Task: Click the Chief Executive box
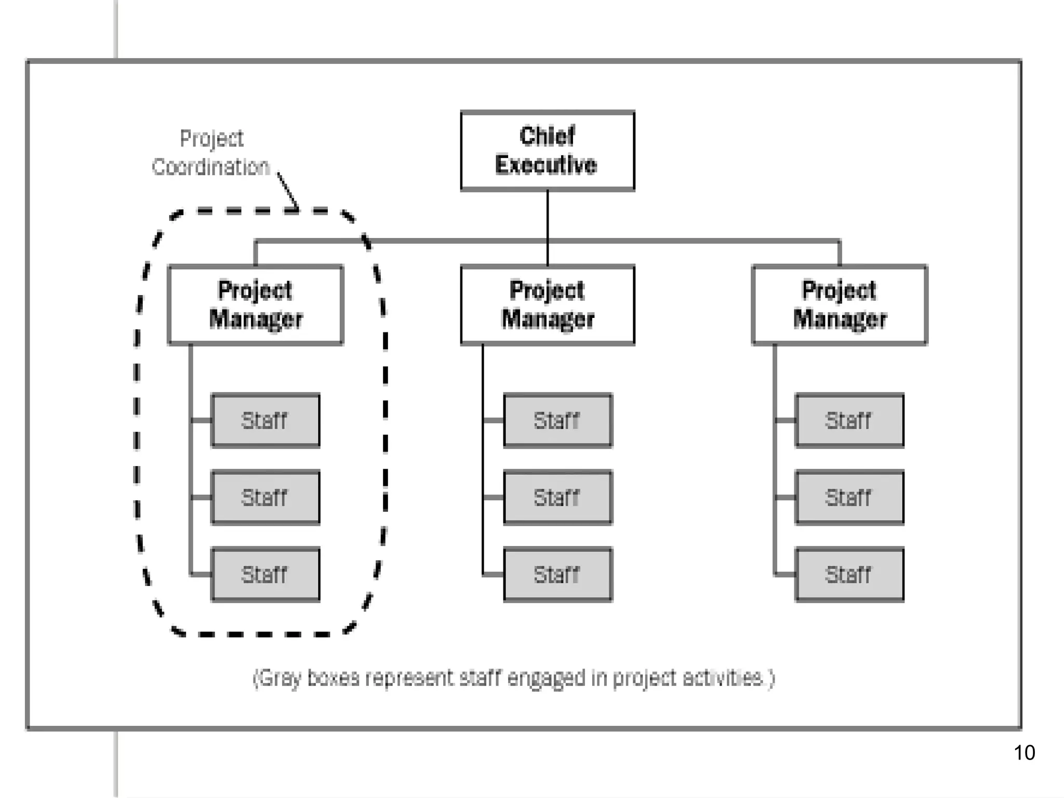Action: click(x=547, y=151)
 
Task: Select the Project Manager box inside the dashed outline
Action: click(x=255, y=305)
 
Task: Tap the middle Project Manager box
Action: click(x=547, y=305)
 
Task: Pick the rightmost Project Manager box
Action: click(x=839, y=305)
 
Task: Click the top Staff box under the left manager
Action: click(x=265, y=420)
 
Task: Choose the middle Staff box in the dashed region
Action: click(x=265, y=497)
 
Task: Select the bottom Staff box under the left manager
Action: click(x=265, y=574)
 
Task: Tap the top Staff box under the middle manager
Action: click(x=557, y=420)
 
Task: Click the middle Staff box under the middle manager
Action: click(x=557, y=497)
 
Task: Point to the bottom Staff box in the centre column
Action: click(x=557, y=574)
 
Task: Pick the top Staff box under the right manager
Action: click(x=849, y=420)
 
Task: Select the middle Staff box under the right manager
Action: click(x=849, y=497)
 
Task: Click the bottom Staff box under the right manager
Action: click(x=849, y=574)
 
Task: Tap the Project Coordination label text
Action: click(x=211, y=153)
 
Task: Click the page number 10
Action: click(x=1024, y=753)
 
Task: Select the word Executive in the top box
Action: click(x=546, y=165)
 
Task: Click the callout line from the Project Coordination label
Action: click(x=287, y=191)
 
